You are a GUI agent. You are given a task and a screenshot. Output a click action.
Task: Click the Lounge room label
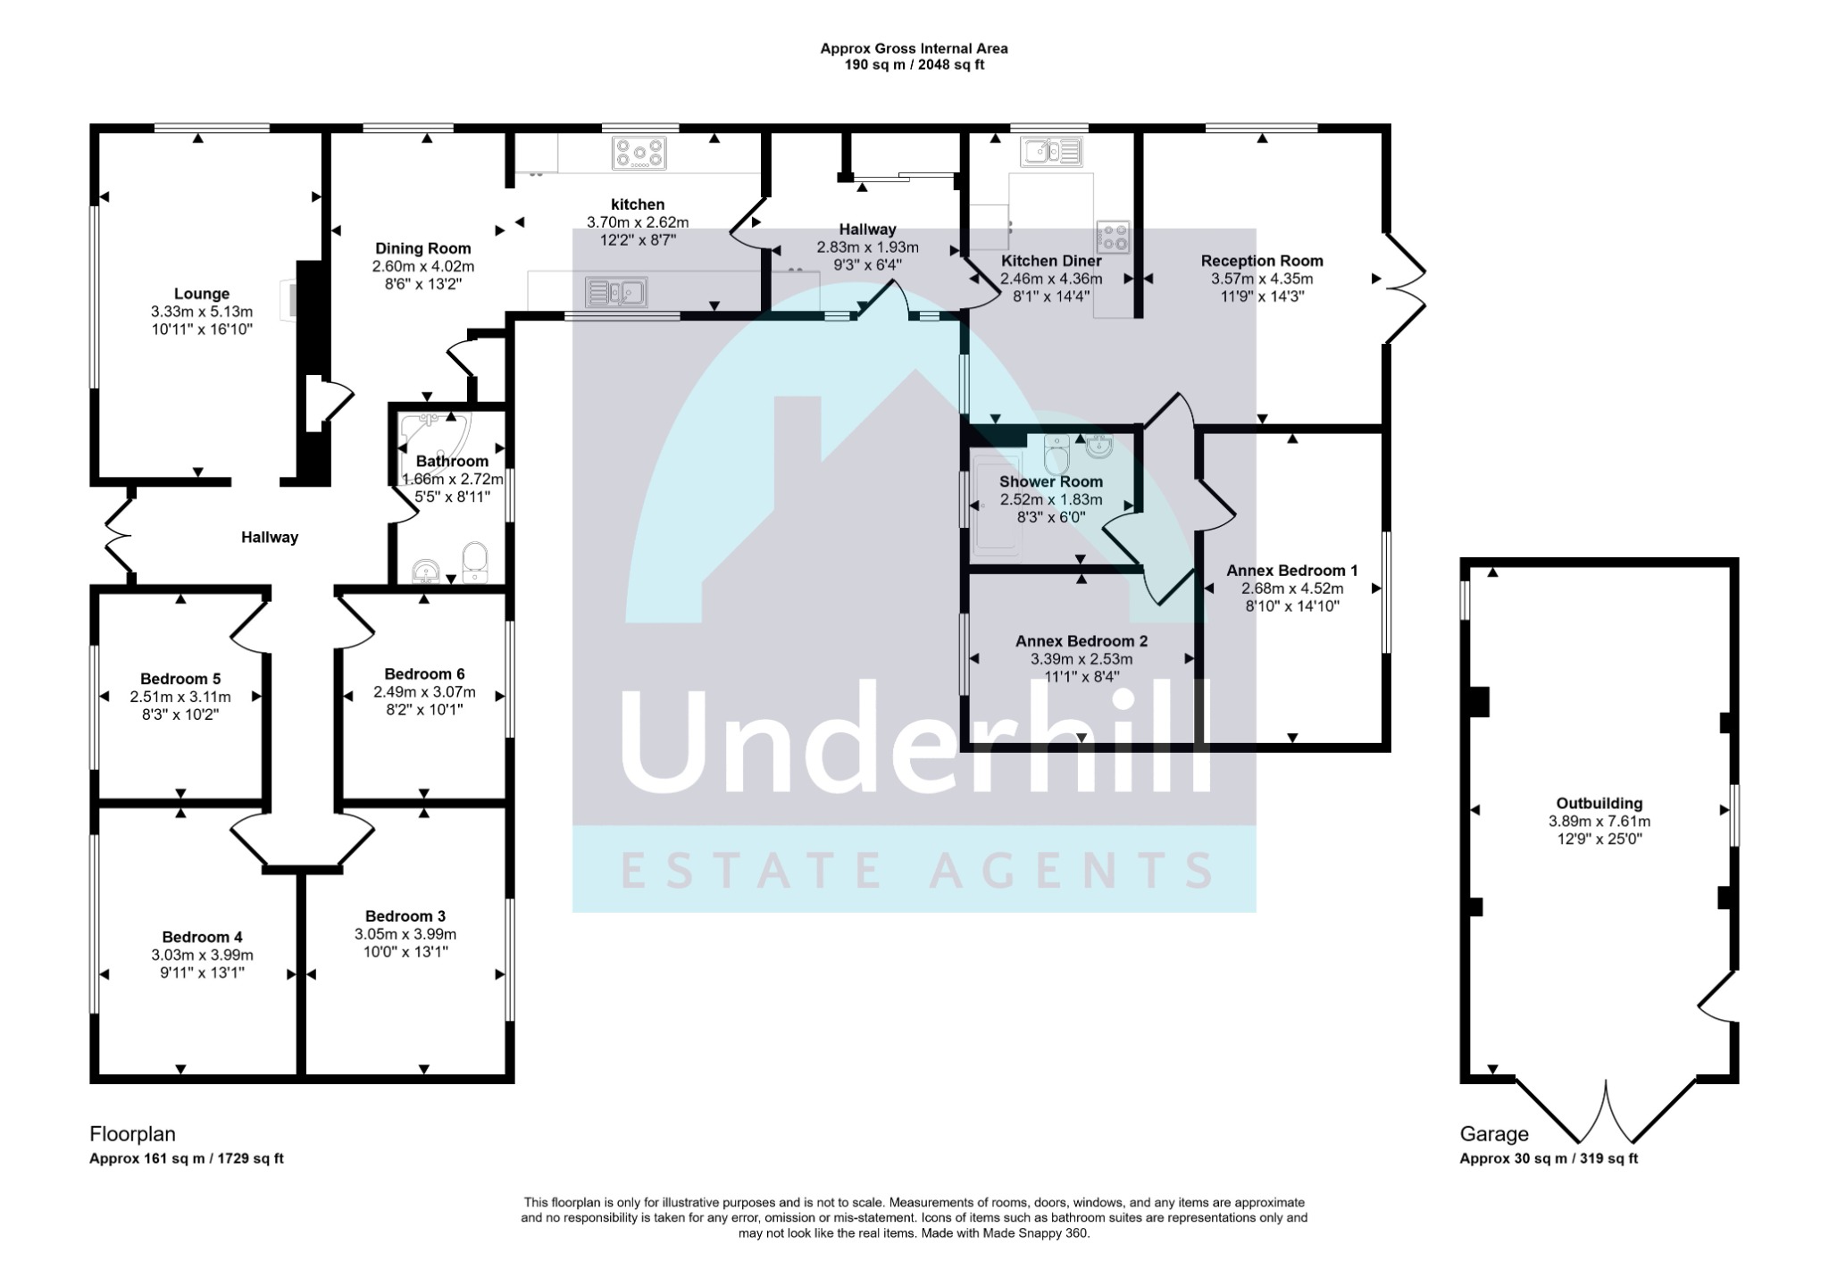coord(202,294)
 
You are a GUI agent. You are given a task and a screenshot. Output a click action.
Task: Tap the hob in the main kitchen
coord(639,153)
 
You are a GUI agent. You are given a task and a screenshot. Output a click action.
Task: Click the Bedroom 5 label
coord(180,679)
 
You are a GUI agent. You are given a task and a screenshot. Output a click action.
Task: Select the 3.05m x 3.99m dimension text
coord(405,934)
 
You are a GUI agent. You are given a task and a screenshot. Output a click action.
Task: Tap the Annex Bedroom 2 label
coord(1082,641)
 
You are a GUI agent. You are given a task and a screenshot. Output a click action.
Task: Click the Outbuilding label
coord(1599,804)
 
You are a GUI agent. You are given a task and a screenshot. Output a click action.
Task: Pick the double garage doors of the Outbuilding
coord(1606,1112)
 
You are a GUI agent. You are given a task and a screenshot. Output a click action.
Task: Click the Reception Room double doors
coord(1404,288)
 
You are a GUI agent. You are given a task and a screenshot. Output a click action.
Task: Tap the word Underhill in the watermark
coord(915,741)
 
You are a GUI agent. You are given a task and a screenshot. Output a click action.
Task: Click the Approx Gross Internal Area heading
coord(914,49)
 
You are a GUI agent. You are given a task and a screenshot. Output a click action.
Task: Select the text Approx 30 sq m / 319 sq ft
coord(1549,1159)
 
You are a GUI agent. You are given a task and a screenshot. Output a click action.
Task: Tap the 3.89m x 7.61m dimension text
coord(1599,822)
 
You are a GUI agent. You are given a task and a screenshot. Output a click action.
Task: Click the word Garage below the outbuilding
coord(1493,1134)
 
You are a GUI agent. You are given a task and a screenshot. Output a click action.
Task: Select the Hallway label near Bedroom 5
coord(270,537)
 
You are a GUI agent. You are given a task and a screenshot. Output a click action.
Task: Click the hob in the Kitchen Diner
coord(1113,238)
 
